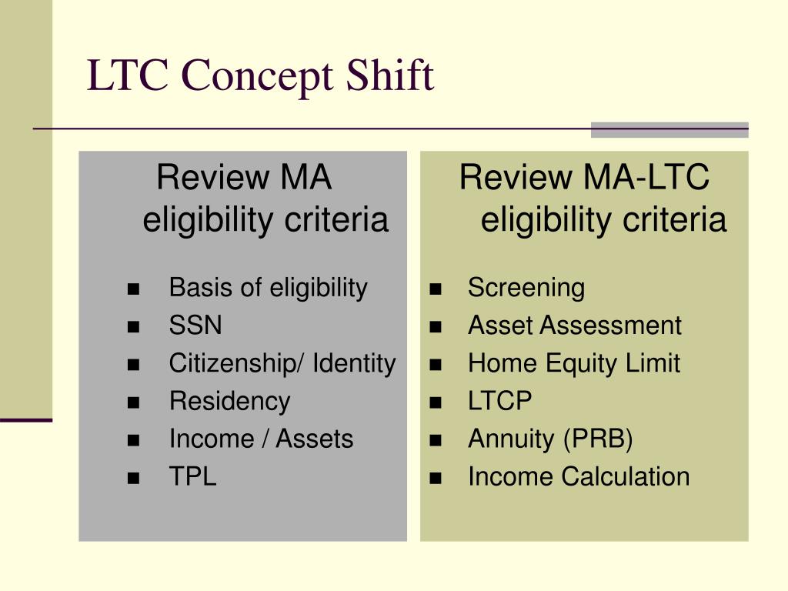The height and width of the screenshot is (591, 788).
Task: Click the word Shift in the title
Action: (x=390, y=76)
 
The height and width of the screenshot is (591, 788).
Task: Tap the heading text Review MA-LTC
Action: (x=584, y=178)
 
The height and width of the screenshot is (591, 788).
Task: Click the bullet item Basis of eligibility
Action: (x=268, y=288)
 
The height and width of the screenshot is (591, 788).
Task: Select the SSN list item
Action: (x=195, y=326)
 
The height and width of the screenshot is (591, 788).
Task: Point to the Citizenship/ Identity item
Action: (x=282, y=363)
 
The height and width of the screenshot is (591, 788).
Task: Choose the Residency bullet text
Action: (x=229, y=401)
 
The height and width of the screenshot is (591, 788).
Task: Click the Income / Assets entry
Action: (x=261, y=439)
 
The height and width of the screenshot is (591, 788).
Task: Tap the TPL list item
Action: (x=192, y=476)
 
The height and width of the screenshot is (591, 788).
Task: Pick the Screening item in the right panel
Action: (x=526, y=288)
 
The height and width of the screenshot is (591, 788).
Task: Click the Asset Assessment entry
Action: (x=575, y=326)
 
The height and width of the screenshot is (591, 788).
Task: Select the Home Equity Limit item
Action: (x=574, y=363)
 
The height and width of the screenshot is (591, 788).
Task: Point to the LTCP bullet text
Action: (x=500, y=401)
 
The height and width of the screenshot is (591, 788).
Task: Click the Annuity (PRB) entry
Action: (x=550, y=439)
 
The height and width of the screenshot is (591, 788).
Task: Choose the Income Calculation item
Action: (x=579, y=476)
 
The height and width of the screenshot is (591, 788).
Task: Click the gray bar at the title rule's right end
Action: (x=669, y=130)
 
